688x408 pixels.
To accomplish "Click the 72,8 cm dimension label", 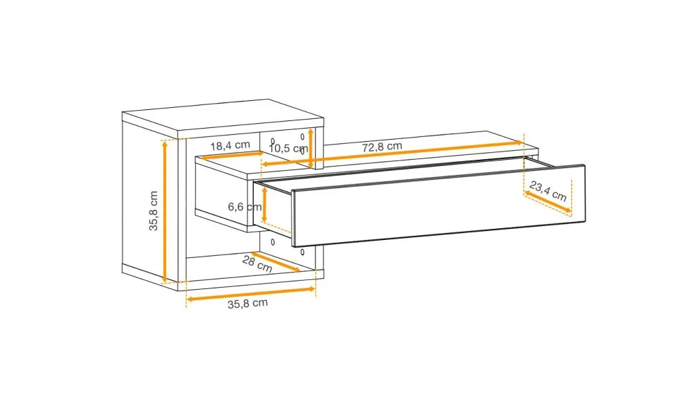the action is tap(382, 147).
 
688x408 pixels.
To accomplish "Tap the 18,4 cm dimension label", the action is tap(230, 145).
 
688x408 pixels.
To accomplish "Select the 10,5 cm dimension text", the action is tap(288, 149).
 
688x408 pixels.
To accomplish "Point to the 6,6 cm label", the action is tap(243, 207).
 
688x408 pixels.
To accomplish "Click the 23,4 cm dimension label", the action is tap(548, 191).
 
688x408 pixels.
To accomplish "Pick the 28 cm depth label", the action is tap(257, 263).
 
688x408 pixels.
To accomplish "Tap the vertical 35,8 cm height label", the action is tap(153, 211).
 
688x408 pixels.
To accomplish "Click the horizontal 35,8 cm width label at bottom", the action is tap(248, 303).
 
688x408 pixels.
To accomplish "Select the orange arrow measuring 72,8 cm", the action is tap(392, 154).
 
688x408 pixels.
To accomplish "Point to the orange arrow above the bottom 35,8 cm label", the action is tap(251, 294).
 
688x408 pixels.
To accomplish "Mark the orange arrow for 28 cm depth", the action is tap(276, 261).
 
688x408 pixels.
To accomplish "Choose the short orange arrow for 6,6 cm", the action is tap(264, 205).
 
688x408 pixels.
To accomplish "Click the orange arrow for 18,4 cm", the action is tap(232, 156).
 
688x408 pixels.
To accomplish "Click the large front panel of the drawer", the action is tap(439, 205).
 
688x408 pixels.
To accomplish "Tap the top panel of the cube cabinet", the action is tap(223, 117).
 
